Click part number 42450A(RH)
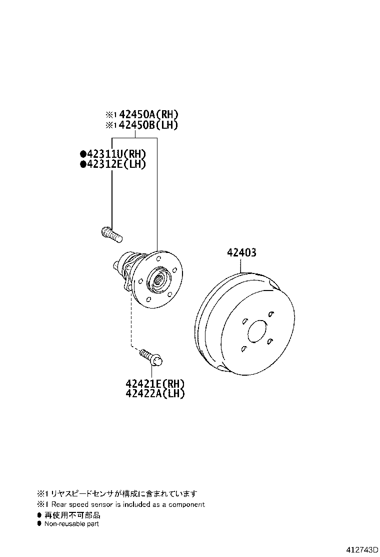(x=148, y=114)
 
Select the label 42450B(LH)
(x=148, y=125)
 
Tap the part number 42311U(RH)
(x=116, y=154)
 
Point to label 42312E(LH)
(x=116, y=164)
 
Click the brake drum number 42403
(x=242, y=252)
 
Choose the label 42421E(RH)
(x=155, y=384)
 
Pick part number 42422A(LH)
(x=155, y=394)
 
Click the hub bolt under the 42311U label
(x=111, y=234)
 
